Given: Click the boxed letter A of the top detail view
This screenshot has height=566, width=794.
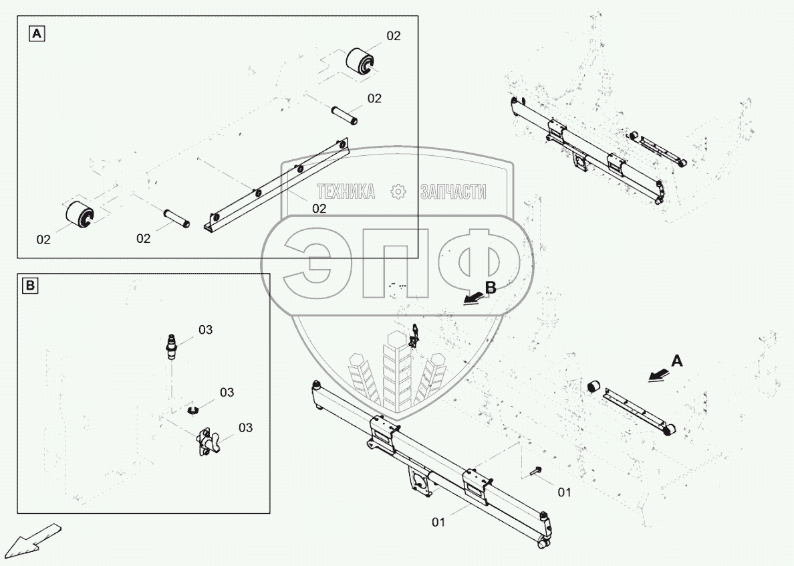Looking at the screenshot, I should (x=36, y=33).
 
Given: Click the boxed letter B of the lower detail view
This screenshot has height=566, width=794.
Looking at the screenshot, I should (x=30, y=287).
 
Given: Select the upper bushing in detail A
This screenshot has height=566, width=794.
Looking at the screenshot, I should (x=362, y=62).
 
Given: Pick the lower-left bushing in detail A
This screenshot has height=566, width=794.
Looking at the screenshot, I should (x=79, y=213).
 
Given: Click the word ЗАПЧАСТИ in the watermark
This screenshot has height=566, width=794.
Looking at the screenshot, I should (x=452, y=192).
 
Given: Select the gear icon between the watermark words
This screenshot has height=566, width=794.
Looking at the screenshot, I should (x=398, y=192).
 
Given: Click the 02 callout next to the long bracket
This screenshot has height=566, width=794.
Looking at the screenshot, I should (x=319, y=208).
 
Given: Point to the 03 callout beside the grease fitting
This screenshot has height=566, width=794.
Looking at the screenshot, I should (x=205, y=330).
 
